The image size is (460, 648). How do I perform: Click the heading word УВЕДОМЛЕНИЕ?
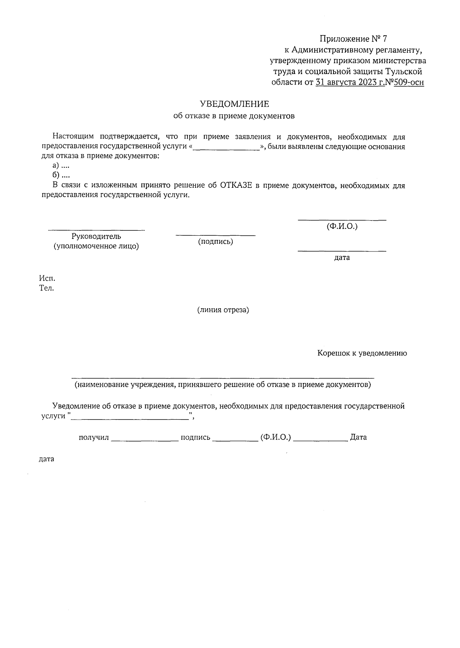[x=234, y=104]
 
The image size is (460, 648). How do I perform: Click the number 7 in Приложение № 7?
[x=385, y=39]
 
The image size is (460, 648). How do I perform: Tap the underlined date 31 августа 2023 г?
[x=350, y=82]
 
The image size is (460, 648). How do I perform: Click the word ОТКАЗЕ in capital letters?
[x=236, y=186]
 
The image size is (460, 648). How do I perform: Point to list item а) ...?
[x=61, y=165]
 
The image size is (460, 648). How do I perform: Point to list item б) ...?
[x=61, y=175]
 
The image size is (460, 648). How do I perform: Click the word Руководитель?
[x=96, y=236]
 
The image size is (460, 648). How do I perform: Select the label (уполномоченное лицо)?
[x=96, y=246]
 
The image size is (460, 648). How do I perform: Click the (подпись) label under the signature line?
[x=215, y=241]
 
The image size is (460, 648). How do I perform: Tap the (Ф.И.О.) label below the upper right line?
[x=342, y=226]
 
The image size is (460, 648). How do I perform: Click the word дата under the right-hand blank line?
[x=342, y=258]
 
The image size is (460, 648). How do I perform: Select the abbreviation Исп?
[x=47, y=278]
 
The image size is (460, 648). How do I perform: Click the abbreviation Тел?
[x=47, y=288]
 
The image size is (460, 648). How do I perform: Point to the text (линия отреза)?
[x=223, y=310]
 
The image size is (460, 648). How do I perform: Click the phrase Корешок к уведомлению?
[x=362, y=353]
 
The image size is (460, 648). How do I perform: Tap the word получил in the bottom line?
[x=94, y=437]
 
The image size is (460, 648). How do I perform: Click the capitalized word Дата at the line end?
[x=358, y=437]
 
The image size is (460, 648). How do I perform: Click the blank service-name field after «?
[x=226, y=147]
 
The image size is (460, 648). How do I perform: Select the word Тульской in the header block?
[x=404, y=71]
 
